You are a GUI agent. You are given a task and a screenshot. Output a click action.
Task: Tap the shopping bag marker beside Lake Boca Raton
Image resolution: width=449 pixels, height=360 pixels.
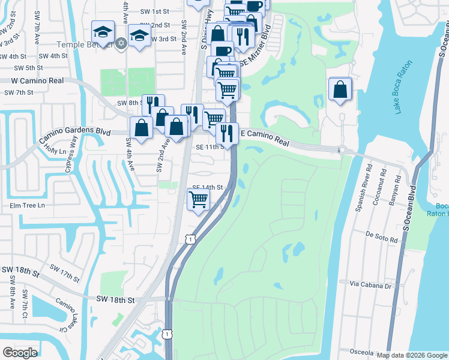(x=340, y=89)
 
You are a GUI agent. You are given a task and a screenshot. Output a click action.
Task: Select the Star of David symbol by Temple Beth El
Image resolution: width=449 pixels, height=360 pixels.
(x=121, y=44)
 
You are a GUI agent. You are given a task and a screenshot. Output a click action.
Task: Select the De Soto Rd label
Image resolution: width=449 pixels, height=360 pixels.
(x=382, y=237)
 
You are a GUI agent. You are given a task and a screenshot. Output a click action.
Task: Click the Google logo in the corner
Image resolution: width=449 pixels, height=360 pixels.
(x=20, y=353)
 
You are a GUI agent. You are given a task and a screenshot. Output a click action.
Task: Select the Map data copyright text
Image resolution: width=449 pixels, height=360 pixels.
(x=412, y=355)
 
